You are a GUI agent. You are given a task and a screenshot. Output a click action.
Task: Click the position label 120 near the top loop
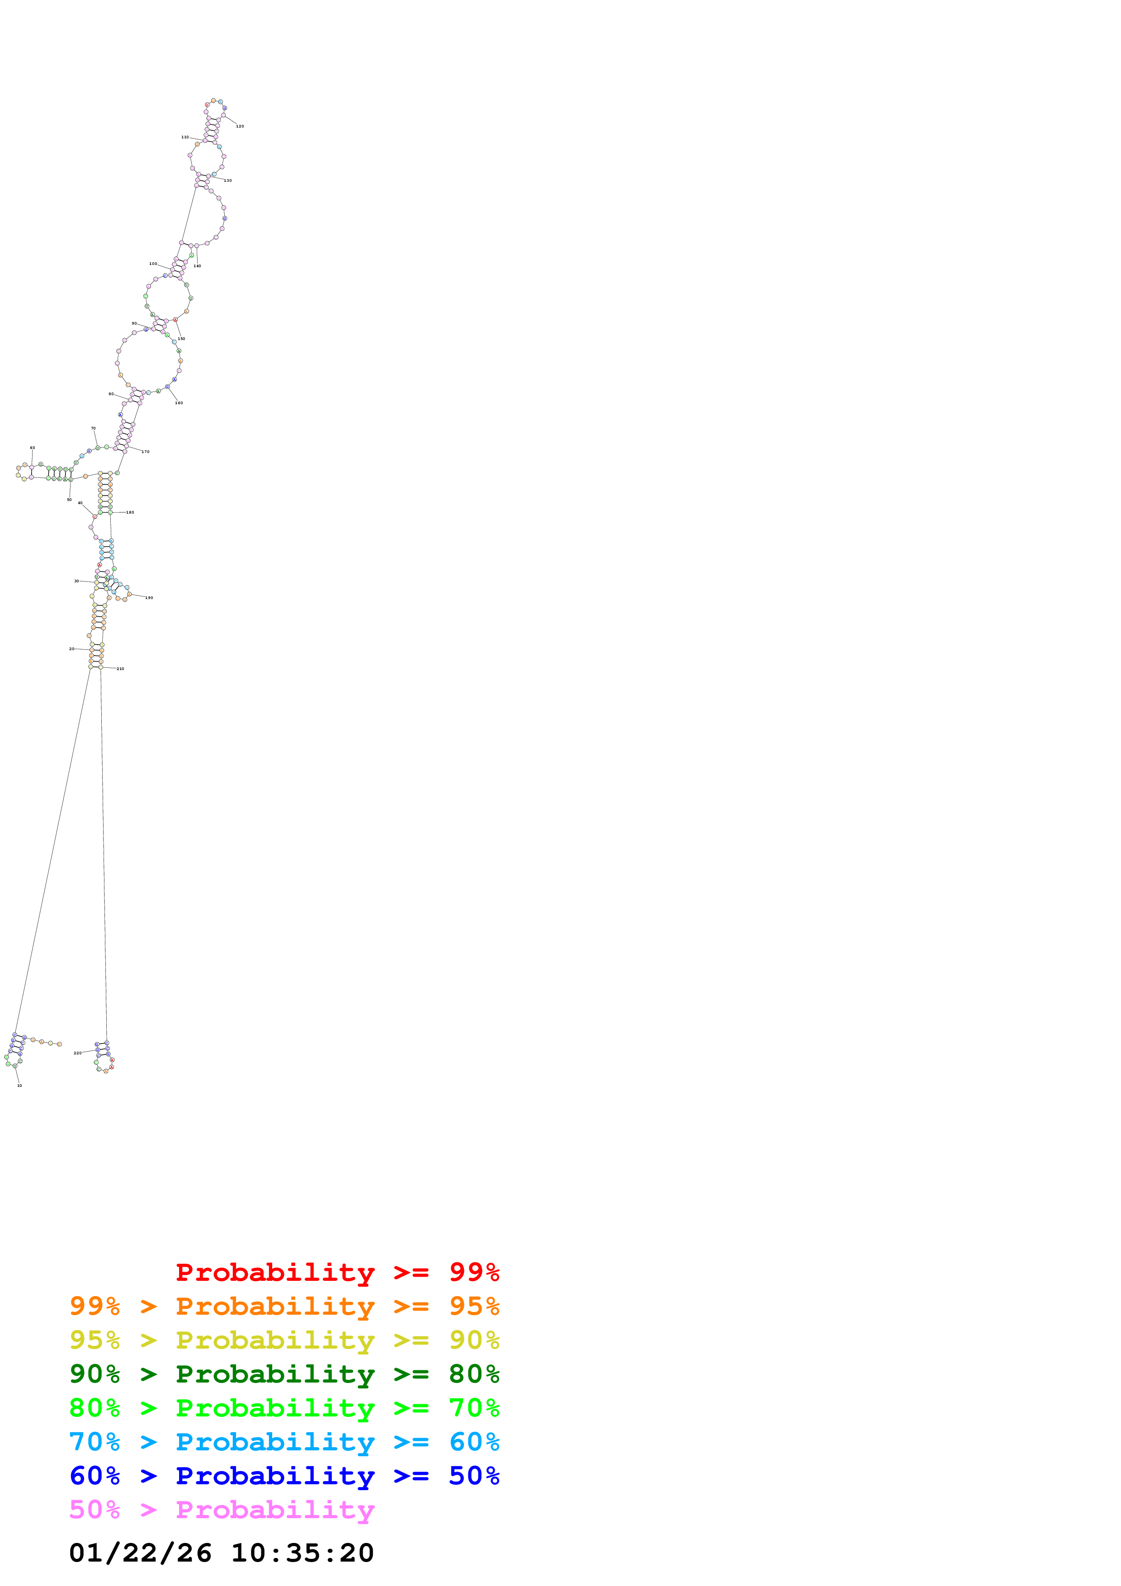click(240, 127)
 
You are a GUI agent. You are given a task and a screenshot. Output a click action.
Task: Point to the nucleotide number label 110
click(185, 137)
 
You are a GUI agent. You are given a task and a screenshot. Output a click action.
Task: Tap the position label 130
click(228, 180)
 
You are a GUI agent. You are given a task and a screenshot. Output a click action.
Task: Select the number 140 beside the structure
click(198, 266)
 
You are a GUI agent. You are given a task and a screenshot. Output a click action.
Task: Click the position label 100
click(153, 263)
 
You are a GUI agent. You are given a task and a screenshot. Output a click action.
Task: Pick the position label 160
click(179, 403)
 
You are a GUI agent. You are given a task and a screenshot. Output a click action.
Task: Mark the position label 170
click(146, 452)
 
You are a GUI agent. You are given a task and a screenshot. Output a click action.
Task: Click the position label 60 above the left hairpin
click(33, 448)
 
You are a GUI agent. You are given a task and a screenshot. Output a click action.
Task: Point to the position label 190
click(149, 598)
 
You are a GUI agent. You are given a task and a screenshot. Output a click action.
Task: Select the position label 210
click(121, 669)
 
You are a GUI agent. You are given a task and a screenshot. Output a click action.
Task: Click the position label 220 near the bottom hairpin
click(78, 1053)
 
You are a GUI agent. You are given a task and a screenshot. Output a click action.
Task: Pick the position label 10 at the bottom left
click(19, 1085)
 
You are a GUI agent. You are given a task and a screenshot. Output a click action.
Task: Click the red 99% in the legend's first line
click(474, 1272)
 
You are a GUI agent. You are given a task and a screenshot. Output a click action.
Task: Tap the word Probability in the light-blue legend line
click(275, 1442)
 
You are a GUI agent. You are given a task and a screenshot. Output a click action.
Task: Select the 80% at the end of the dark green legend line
click(474, 1374)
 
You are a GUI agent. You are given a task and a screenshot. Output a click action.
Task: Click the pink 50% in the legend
click(95, 1509)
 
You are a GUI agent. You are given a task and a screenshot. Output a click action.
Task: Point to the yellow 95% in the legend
click(95, 1340)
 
